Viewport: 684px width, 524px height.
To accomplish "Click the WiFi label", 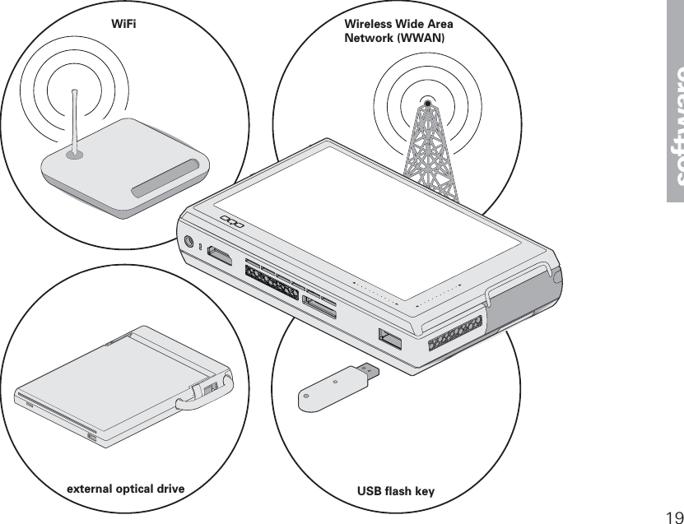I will [x=123, y=24].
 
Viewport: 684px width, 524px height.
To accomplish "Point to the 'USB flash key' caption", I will [x=396, y=492].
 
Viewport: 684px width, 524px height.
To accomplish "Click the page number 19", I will [x=672, y=516].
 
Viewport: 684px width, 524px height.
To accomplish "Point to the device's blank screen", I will [x=366, y=218].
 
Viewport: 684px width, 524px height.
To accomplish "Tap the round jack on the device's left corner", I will [x=190, y=243].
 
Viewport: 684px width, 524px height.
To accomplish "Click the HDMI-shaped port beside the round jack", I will [x=218, y=254].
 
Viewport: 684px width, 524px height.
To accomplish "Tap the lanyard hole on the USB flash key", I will [x=334, y=382].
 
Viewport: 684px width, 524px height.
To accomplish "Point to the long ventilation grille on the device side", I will [x=272, y=282].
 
